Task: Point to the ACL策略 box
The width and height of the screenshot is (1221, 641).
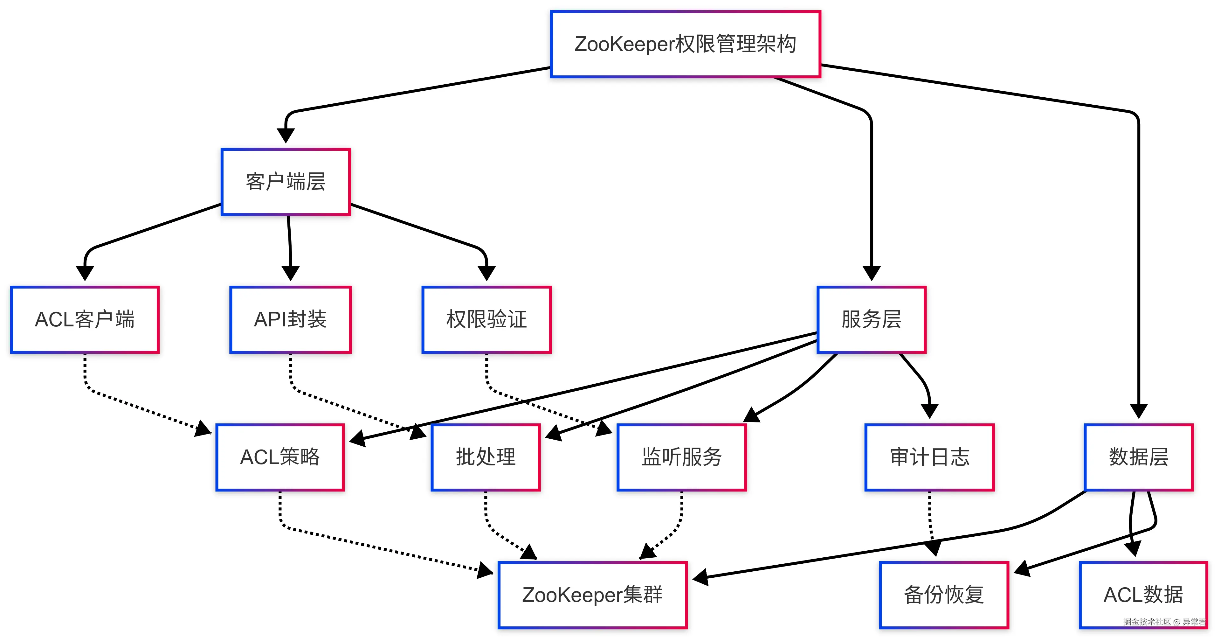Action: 280,457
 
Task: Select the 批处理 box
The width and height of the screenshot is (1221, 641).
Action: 485,457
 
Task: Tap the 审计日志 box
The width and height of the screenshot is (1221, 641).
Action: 929,457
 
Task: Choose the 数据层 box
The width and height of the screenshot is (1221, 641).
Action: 1139,457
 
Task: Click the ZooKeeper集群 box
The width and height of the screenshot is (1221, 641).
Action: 592,595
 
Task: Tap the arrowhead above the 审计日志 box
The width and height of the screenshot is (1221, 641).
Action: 929,411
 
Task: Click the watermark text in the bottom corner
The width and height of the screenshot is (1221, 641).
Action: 1164,622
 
